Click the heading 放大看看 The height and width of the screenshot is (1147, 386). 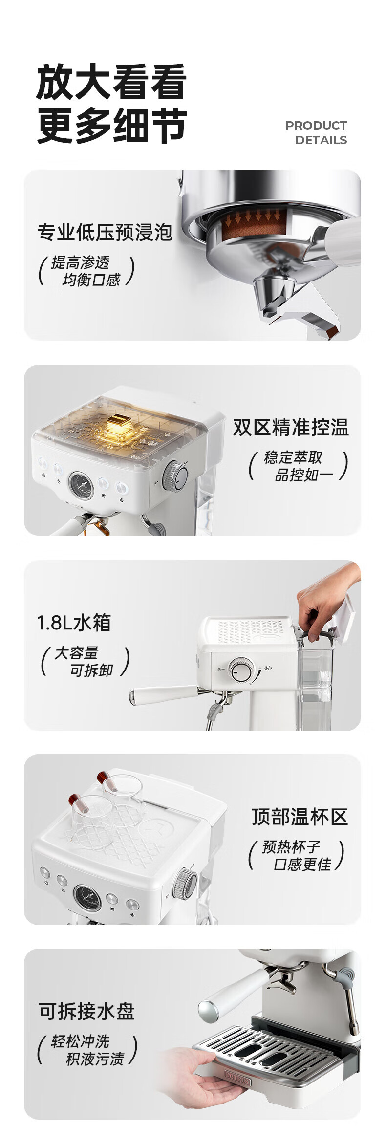(x=111, y=82)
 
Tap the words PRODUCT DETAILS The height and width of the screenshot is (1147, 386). (x=316, y=132)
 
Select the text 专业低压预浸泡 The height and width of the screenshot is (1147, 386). (x=105, y=232)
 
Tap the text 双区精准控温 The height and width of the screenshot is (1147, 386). (x=291, y=427)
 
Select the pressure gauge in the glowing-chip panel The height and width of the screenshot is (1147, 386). (x=81, y=486)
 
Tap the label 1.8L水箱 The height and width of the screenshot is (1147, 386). (x=74, y=623)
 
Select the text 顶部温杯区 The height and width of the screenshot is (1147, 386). (x=300, y=817)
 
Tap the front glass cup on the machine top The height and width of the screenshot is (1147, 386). (x=90, y=815)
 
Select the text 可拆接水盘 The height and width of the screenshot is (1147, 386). (x=86, y=1011)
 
